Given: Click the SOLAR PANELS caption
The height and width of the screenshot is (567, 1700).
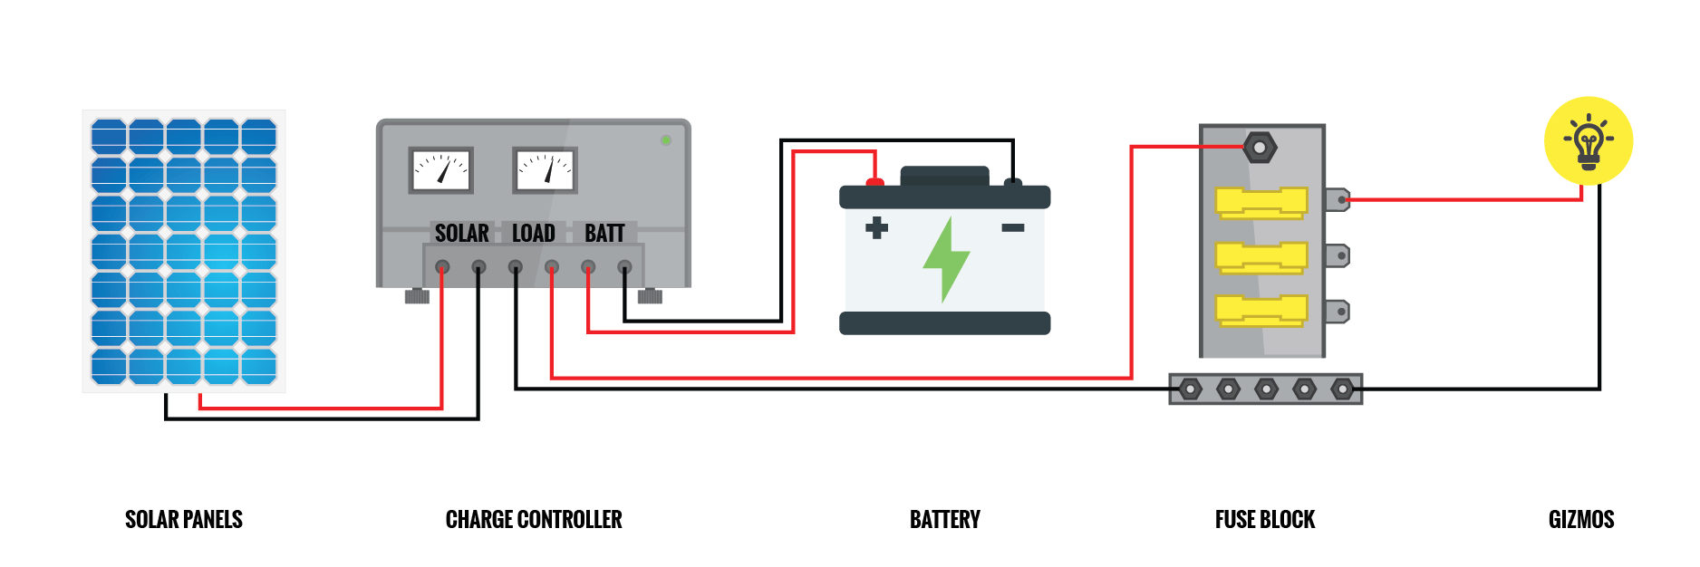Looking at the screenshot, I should click(x=184, y=519).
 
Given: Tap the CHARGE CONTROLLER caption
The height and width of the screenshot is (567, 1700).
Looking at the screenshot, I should click(x=534, y=519).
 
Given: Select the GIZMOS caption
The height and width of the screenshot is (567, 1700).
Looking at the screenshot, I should click(x=1581, y=519).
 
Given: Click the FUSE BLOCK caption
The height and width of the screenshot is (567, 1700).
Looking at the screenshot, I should click(x=1264, y=519).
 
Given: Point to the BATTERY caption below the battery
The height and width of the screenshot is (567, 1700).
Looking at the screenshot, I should click(x=944, y=519).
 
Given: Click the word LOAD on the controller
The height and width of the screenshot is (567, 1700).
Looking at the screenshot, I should click(x=533, y=234).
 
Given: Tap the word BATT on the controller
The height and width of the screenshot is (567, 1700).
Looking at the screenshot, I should click(x=604, y=234).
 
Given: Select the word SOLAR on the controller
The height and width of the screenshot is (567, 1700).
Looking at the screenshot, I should click(x=461, y=234).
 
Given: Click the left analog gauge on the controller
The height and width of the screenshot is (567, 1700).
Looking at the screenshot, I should click(x=441, y=170).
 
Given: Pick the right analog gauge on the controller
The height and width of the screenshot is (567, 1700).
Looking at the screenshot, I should click(x=545, y=170).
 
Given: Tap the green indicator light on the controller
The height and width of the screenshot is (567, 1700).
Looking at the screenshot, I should click(x=666, y=140).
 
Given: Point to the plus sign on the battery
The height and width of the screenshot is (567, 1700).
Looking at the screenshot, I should click(x=876, y=227).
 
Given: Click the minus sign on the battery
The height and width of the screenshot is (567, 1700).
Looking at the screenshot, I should click(x=1012, y=227).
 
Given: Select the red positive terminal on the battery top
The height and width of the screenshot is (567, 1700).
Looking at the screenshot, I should click(x=874, y=183).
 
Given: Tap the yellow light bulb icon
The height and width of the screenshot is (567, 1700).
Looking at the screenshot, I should click(x=1588, y=141).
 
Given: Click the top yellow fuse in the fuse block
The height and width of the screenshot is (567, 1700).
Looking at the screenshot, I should click(x=1261, y=203).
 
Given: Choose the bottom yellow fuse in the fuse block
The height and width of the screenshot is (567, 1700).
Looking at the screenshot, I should click(x=1261, y=311).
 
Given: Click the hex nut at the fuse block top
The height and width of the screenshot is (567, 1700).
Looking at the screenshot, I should click(x=1259, y=147).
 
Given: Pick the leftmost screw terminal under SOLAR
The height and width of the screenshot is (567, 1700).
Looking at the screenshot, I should click(x=442, y=267).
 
